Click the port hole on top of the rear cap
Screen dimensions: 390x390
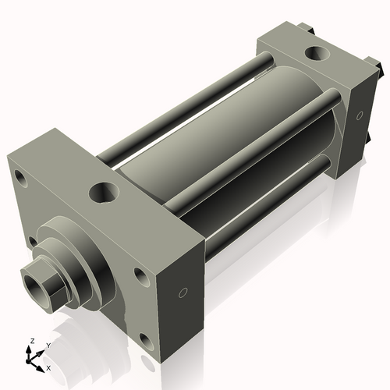[318, 55]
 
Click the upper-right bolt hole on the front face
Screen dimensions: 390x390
[140, 275]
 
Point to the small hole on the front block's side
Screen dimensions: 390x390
[183, 293]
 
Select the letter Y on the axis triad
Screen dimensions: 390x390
[48, 344]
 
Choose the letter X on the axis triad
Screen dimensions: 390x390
[48, 367]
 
